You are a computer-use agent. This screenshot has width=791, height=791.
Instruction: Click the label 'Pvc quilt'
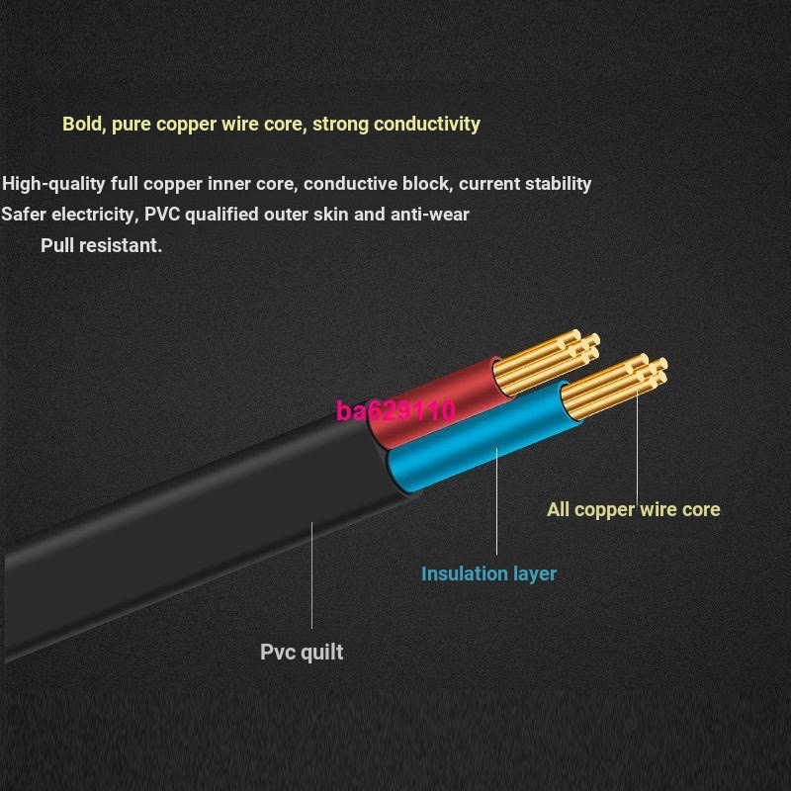click(x=302, y=652)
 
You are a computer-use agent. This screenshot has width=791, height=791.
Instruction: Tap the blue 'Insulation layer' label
click(x=488, y=573)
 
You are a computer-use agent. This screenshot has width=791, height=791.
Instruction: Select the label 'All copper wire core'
click(x=633, y=509)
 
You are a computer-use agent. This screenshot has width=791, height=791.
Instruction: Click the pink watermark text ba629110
click(x=395, y=410)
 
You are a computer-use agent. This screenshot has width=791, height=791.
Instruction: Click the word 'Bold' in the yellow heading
click(x=82, y=124)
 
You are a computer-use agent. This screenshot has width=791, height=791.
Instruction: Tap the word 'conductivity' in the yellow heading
click(x=426, y=124)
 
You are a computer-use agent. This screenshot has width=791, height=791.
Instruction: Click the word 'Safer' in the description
click(x=23, y=214)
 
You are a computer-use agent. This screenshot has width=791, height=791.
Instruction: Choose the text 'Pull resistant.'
click(x=101, y=245)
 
